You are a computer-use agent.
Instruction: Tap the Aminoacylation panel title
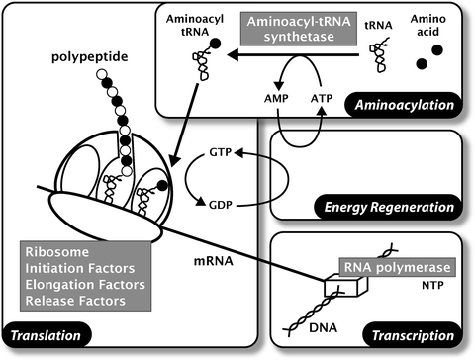(407, 103)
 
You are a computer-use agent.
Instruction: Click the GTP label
(220, 156)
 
